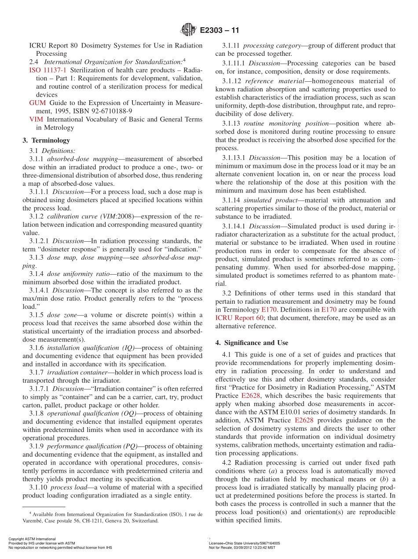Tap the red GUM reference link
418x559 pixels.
pyautogui.click(x=37, y=103)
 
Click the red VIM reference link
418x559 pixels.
pyautogui.click(x=36, y=119)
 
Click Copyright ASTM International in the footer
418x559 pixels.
pyautogui.click(x=32, y=539)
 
